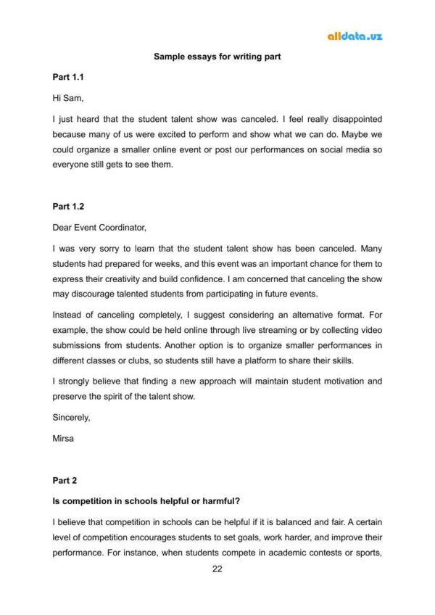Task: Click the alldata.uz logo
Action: tap(355, 36)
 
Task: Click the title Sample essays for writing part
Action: tap(217, 56)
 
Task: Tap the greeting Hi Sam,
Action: tap(68, 97)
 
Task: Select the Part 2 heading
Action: tap(65, 480)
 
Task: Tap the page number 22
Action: tap(217, 569)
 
